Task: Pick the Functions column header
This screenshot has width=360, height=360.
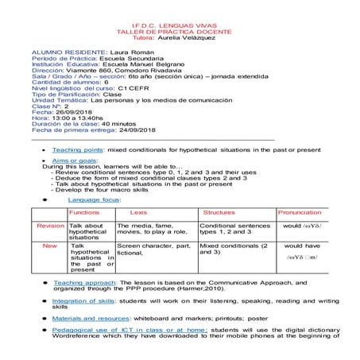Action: [x=84, y=213]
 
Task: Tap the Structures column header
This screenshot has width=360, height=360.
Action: [x=219, y=213]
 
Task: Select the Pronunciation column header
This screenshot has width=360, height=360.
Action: [x=300, y=213]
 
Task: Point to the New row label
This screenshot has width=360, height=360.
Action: [x=50, y=246]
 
